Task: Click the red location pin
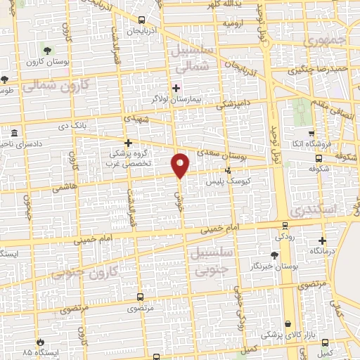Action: [181, 165]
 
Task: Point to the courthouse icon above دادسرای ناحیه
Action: [13, 132]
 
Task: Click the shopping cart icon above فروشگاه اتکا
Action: [309, 133]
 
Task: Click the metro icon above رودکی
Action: [284, 226]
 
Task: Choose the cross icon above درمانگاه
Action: [321, 240]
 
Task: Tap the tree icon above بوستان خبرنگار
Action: [274, 254]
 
